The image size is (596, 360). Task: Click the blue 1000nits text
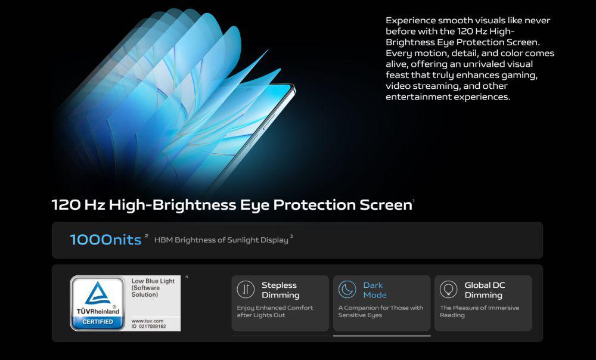point(105,240)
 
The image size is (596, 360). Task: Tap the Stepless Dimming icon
point(246,289)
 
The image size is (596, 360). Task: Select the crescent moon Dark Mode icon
point(347,289)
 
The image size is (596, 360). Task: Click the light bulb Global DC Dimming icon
point(449,289)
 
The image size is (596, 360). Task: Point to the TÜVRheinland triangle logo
point(98,293)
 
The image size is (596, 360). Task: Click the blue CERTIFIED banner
point(98,322)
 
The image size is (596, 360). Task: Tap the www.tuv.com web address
point(147,321)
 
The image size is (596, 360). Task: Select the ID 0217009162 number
point(148,326)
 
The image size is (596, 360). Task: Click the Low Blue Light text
point(153,281)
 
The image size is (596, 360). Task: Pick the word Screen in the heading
point(386,205)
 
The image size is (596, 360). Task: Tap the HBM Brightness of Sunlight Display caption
point(221,240)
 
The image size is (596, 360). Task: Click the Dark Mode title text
point(375,290)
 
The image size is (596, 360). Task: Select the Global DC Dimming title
point(485,290)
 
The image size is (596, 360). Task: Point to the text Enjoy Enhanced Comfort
point(275,308)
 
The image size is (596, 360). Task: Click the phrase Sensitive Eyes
point(360,315)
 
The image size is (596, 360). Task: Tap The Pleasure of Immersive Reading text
point(479,311)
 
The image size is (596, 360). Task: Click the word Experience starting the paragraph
point(411,20)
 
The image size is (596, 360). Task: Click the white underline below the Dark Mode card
point(381,336)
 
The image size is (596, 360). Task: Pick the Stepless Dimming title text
point(281,290)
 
